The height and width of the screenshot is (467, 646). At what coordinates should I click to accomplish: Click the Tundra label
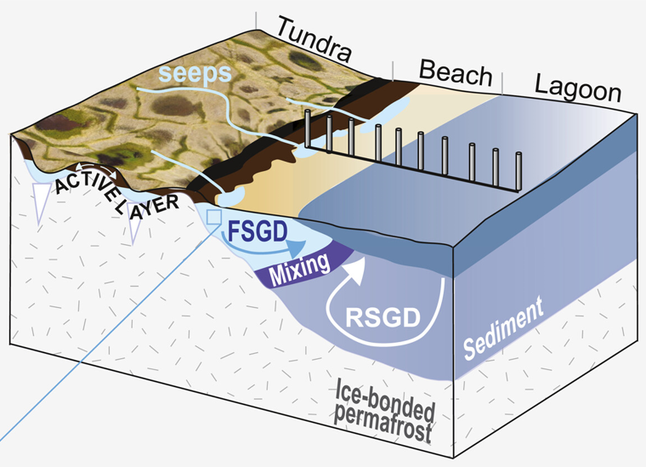314,39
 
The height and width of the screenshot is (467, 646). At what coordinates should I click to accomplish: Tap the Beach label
456,73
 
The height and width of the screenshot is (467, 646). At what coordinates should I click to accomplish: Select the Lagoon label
578,89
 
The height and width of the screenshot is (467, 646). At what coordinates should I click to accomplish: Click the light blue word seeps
195,73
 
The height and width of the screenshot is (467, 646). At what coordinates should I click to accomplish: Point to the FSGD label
258,231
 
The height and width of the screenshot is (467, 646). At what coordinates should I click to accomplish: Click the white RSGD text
383,317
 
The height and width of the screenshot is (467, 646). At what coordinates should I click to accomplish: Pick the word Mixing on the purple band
299,269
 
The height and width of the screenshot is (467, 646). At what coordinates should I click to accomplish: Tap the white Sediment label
503,328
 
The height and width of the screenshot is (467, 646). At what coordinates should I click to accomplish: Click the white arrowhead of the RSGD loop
356,268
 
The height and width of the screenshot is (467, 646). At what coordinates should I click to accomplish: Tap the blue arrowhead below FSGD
296,248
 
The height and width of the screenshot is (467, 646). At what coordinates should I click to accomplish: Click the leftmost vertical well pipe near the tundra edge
308,128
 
